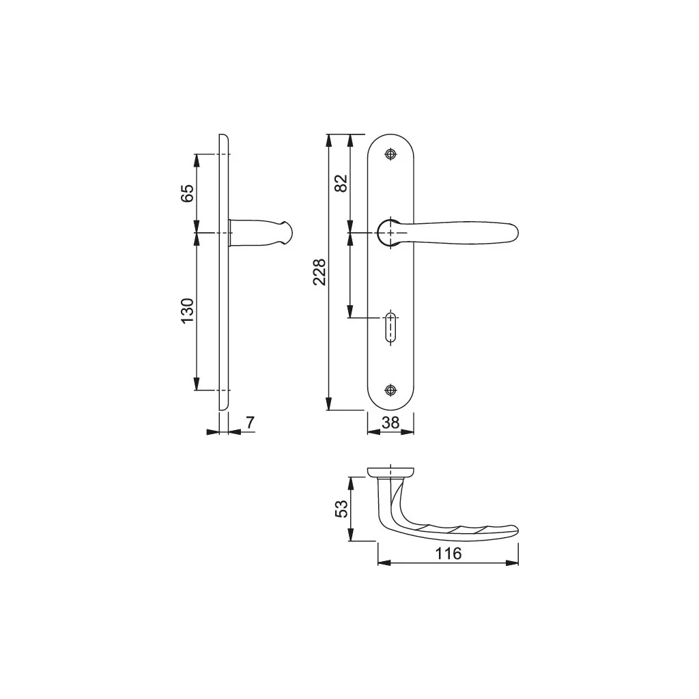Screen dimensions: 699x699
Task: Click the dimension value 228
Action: [319, 272]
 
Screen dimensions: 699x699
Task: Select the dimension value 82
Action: [341, 183]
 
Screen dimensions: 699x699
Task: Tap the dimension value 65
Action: [187, 193]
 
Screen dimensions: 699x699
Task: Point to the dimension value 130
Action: [187, 311]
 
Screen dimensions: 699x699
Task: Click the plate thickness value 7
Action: [250, 423]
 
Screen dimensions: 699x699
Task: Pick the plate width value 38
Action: [390, 423]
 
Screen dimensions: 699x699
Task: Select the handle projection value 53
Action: [341, 509]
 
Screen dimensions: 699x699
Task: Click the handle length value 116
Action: [448, 554]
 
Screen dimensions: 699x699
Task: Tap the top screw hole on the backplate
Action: [390, 154]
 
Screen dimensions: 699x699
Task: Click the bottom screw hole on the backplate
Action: [390, 390]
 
